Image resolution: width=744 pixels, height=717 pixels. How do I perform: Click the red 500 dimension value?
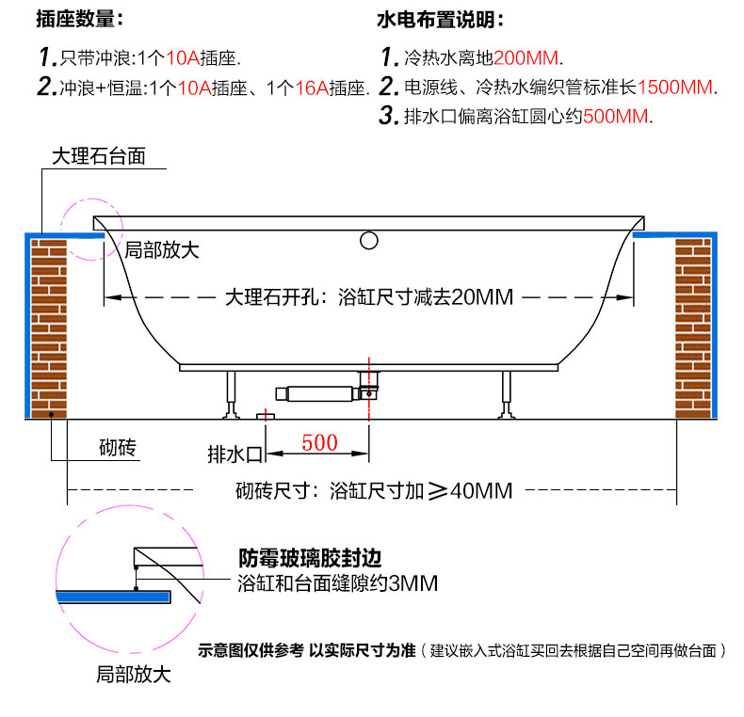coord(319,443)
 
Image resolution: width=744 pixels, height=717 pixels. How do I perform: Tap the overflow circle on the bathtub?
coord(368,241)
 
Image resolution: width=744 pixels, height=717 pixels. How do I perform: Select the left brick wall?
coord(49,328)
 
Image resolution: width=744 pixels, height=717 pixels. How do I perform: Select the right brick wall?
coord(693,328)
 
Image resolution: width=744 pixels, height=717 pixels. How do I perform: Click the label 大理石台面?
coord(99,156)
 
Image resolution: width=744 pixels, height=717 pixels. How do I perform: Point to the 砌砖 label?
coord(117,447)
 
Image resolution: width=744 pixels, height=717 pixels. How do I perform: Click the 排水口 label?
coord(235,454)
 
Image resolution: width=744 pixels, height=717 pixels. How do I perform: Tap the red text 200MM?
coord(526,58)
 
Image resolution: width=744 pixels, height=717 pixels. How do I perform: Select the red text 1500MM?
coord(674,88)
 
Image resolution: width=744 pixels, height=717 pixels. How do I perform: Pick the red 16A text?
coord(312,88)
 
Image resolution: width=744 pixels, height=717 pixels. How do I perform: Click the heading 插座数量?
coord(75,19)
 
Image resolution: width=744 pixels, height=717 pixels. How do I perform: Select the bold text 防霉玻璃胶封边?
coord(310,558)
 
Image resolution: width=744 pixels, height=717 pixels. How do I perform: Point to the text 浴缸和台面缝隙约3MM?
coord(337,583)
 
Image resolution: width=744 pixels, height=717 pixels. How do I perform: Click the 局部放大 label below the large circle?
coord(134,674)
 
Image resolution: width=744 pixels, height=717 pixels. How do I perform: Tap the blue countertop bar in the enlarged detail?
coord(113,597)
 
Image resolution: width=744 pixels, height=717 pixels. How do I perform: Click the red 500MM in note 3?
coord(615,117)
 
